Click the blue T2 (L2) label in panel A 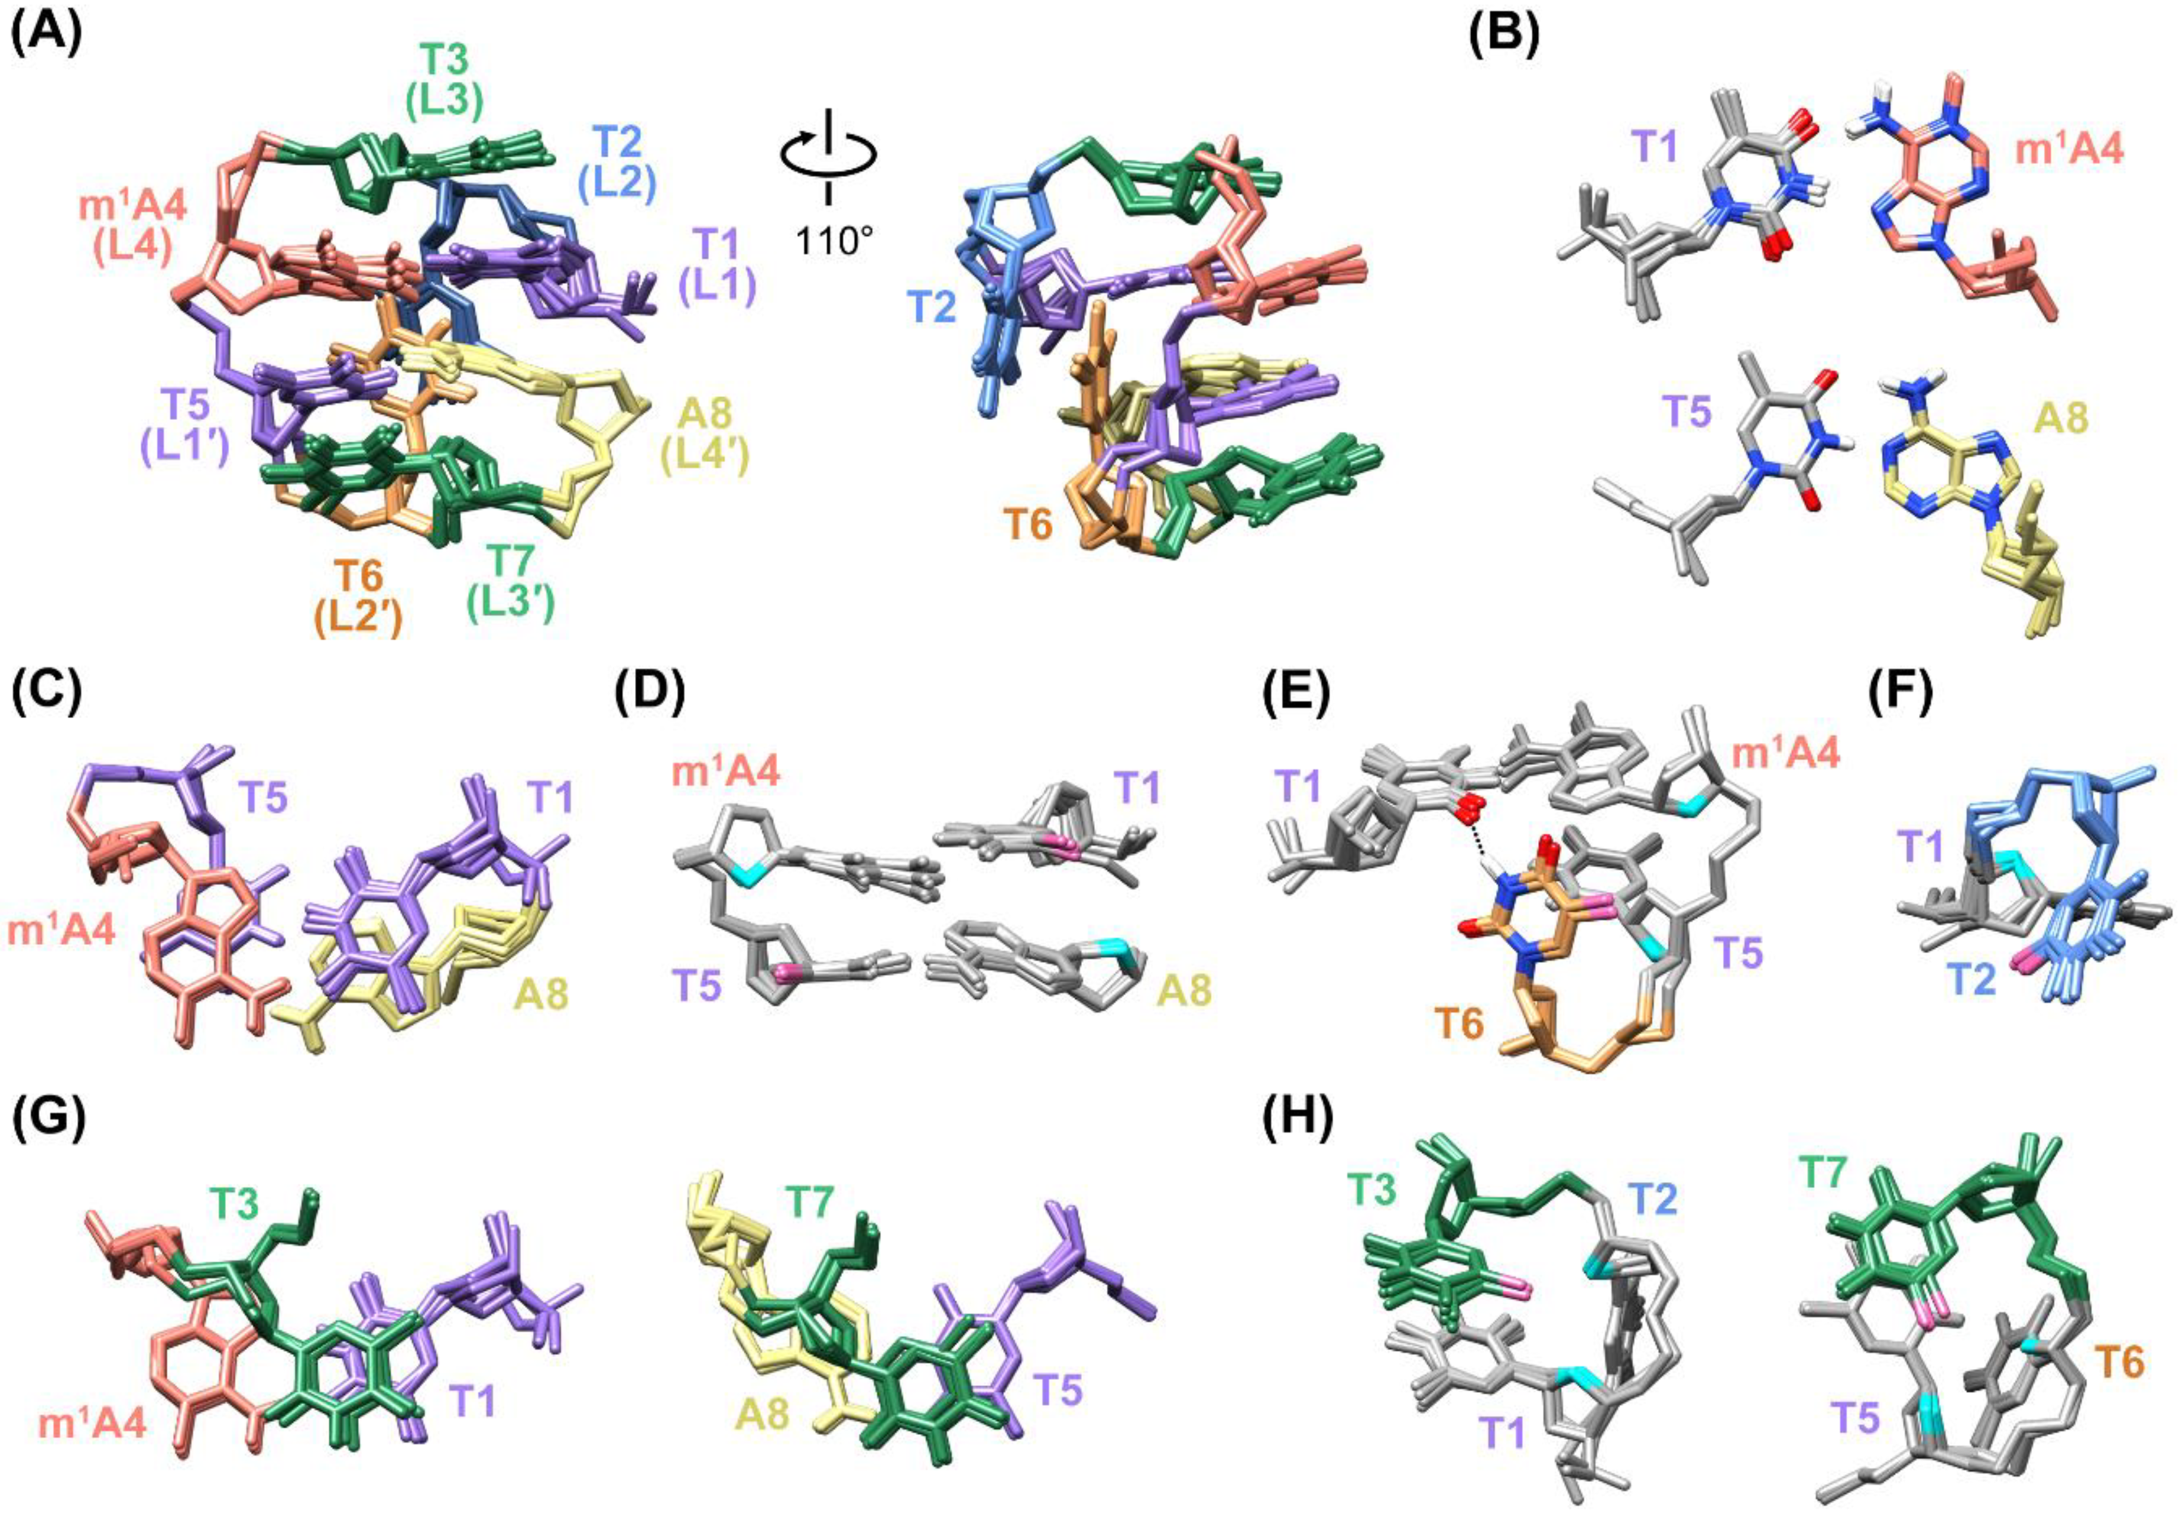point(618,162)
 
